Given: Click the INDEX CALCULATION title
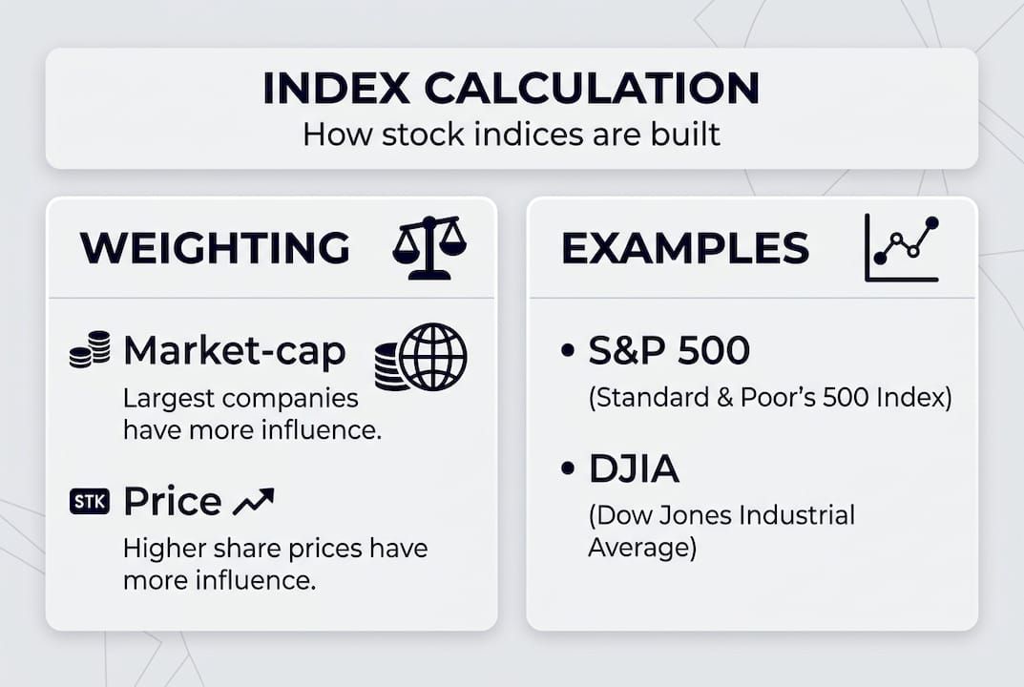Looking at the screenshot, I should tap(511, 88).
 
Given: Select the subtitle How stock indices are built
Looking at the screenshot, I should tap(511, 134).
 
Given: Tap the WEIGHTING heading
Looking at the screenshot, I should tap(215, 248).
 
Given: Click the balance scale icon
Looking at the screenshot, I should tap(428, 247).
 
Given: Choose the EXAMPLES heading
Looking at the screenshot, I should tap(685, 248).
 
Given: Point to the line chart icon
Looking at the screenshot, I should tap(902, 248).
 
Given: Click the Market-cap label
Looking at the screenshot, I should tap(235, 352).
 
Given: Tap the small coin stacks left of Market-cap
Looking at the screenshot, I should tap(90, 350).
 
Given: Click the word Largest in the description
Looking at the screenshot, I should tap(161, 398).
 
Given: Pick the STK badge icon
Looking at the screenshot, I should tap(90, 501).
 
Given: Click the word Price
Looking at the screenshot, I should tap(173, 501).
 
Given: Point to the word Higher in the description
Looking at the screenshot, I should tap(157, 549).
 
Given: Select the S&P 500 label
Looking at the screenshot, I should tap(669, 351).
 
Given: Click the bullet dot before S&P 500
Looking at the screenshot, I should tap(568, 351).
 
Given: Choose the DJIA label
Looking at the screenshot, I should tap(634, 468).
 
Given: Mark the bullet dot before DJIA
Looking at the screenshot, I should tap(568, 468).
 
